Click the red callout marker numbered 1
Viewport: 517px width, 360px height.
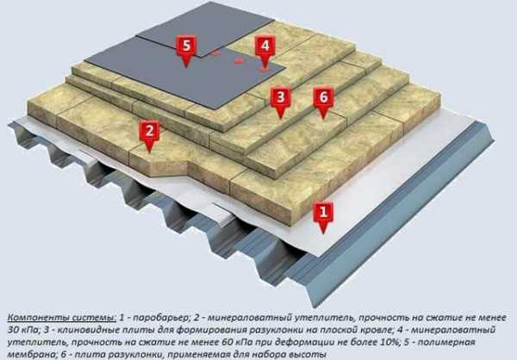(x=323, y=216)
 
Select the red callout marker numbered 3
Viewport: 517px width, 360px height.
(x=280, y=102)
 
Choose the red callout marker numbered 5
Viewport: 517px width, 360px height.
(x=186, y=50)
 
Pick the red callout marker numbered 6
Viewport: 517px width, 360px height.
(x=323, y=102)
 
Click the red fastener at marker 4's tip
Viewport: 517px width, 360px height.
(x=265, y=70)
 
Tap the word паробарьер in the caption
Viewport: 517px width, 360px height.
(x=158, y=319)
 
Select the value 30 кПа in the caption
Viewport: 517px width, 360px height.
(x=22, y=330)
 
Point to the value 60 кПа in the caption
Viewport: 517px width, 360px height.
(x=233, y=342)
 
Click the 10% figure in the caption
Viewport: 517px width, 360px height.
(x=389, y=342)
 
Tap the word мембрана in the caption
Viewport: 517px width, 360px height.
(x=30, y=354)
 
